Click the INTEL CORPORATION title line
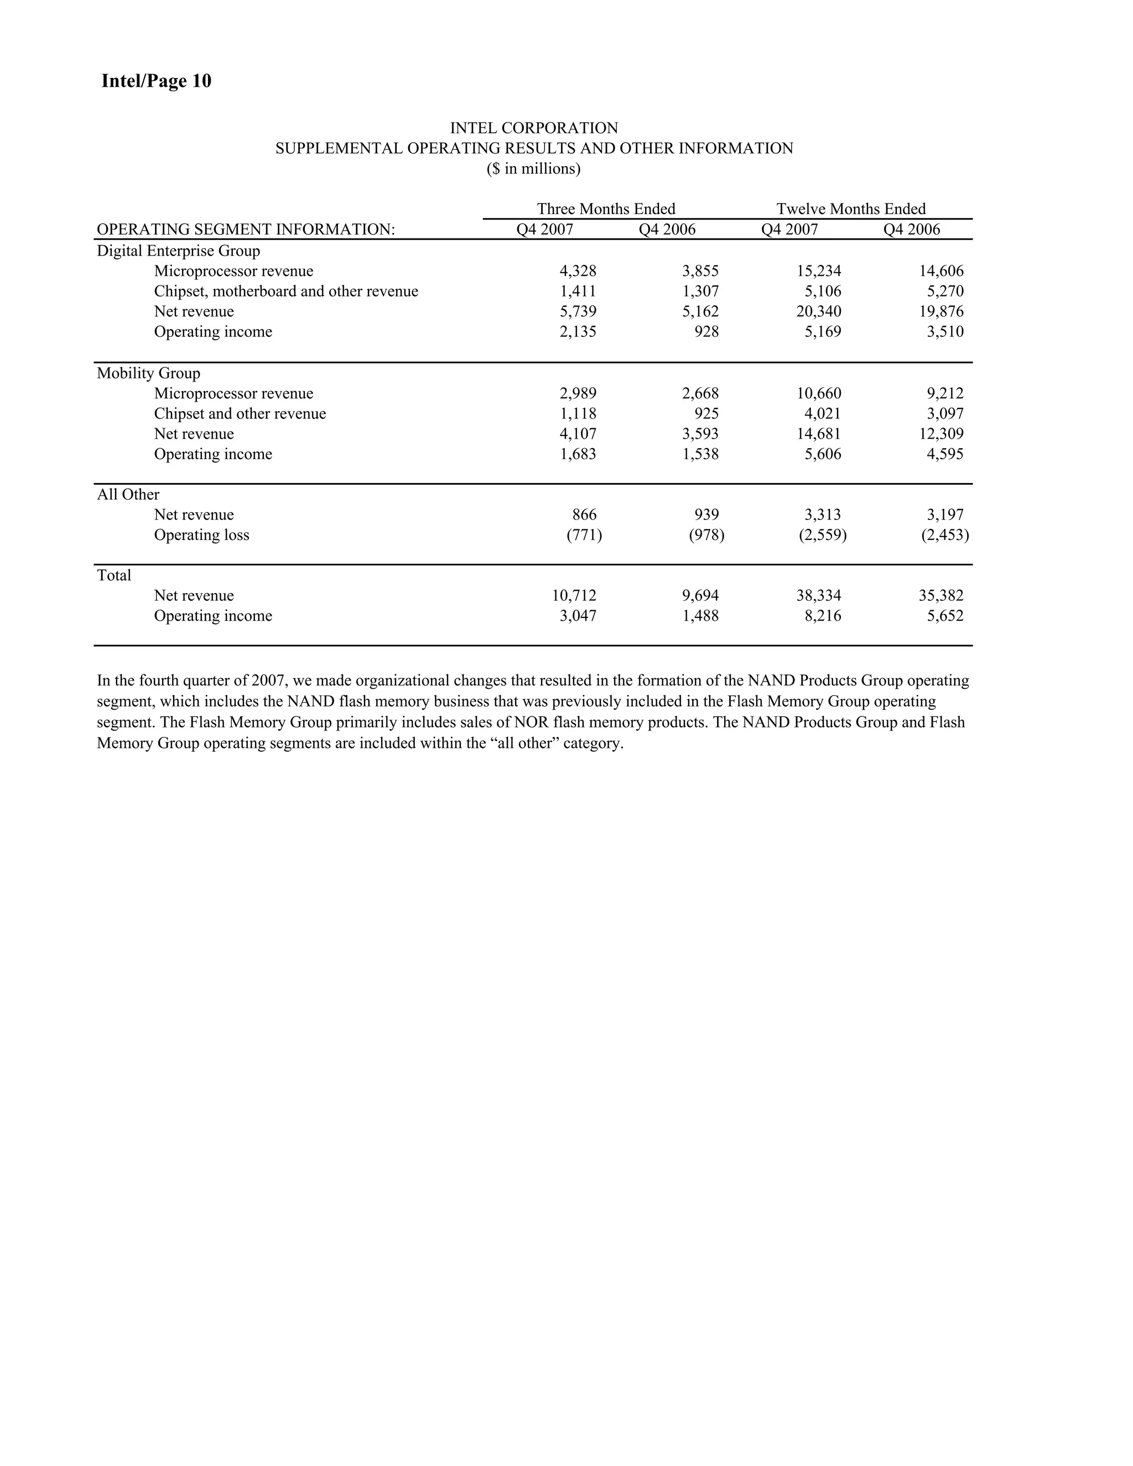pos(534,128)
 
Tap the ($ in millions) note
pos(534,169)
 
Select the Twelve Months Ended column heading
pos(850,209)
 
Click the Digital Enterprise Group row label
pos(178,251)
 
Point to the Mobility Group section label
pos(148,373)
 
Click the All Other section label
pos(128,495)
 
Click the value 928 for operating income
pos(706,331)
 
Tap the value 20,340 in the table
pos(818,311)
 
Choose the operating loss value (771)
pos(584,535)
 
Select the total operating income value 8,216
pos(822,616)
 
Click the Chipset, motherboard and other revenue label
pos(286,292)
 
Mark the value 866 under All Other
pos(584,515)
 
